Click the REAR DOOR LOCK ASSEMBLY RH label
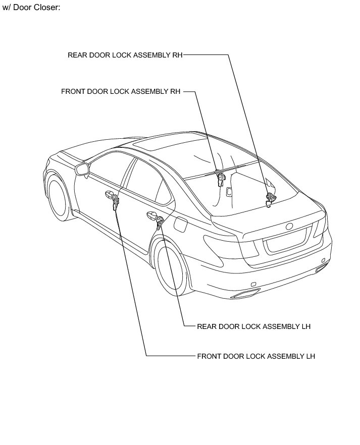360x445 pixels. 125,55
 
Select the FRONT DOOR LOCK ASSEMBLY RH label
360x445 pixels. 121,92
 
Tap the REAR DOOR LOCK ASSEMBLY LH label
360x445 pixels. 253,326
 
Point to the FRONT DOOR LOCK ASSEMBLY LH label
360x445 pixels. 256,356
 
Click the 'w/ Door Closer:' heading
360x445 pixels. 31,9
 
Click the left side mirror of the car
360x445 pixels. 82,169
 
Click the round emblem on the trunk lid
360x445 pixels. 290,226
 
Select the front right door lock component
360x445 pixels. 220,178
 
